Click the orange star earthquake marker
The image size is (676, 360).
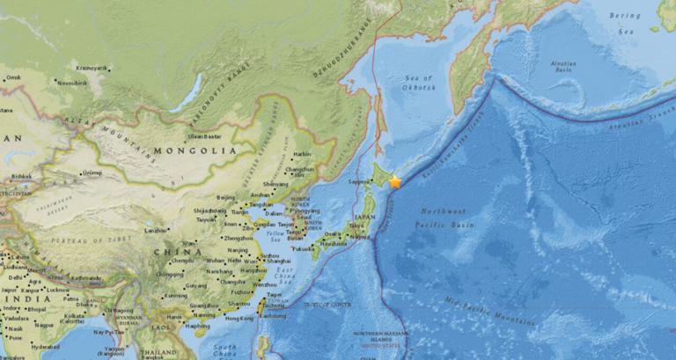point(395,181)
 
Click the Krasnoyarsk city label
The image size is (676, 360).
point(92,67)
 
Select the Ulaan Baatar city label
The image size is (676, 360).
point(204,136)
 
